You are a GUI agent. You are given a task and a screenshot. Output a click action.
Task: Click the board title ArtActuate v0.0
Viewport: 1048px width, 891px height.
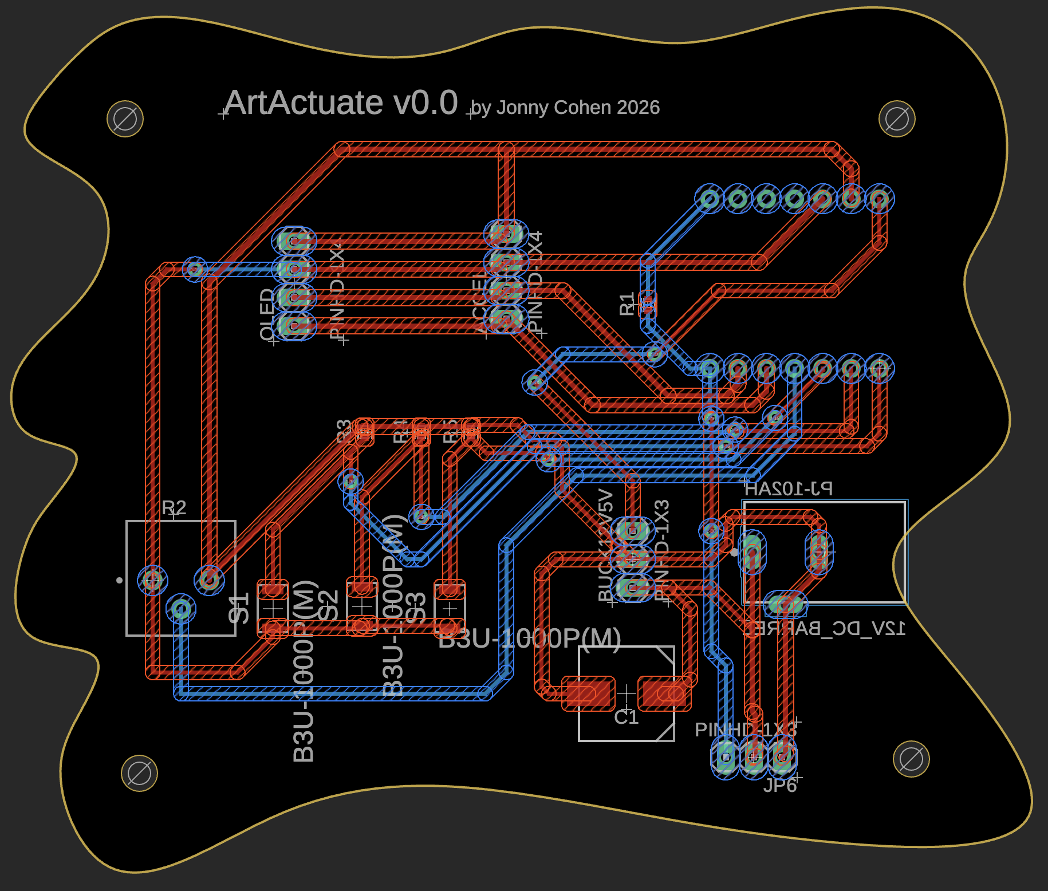[x=341, y=103]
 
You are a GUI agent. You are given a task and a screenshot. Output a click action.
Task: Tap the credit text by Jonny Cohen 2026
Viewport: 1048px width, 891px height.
[x=565, y=108]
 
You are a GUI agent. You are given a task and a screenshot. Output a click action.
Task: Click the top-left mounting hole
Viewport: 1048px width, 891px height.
[x=125, y=119]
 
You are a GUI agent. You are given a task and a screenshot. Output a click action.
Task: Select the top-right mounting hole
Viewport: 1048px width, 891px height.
[x=896, y=119]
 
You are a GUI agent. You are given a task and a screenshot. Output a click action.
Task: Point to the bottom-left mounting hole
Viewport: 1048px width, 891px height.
[x=139, y=774]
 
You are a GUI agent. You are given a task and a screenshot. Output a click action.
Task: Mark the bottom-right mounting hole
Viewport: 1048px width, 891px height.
[x=911, y=759]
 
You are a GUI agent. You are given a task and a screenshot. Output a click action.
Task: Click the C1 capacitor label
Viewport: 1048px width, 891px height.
[x=626, y=717]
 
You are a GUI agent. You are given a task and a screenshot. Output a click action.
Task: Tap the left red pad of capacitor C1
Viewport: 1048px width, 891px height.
[x=588, y=693]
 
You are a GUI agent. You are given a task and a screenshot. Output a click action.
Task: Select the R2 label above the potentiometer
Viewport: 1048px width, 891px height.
[x=174, y=508]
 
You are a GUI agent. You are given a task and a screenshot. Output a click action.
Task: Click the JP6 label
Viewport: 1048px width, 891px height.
[x=780, y=785]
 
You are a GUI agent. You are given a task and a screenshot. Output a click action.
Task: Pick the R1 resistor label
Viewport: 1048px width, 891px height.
[x=627, y=303]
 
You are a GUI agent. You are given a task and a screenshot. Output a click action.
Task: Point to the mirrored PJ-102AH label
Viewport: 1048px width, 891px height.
[x=788, y=488]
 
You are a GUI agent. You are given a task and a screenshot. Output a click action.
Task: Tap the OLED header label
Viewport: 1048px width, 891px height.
[x=267, y=314]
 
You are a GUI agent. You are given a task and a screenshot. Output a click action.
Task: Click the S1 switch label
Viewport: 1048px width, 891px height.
[x=239, y=608]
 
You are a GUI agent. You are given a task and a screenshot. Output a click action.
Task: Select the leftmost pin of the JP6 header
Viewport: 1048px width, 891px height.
[x=726, y=757]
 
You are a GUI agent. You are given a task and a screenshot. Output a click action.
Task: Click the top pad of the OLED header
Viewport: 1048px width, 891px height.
[x=294, y=241]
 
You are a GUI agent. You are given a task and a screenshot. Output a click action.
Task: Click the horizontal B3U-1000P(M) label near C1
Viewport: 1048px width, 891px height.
[x=529, y=638]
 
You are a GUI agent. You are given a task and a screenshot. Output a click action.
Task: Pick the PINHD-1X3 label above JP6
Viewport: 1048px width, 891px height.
[x=745, y=730]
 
